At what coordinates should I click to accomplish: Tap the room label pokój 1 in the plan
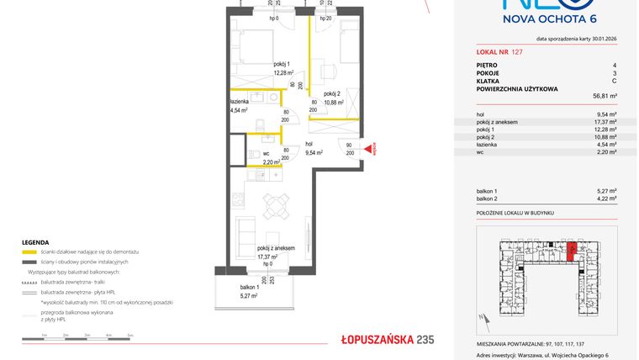282,65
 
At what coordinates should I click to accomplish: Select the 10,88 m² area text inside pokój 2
334,103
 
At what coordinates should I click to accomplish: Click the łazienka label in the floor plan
240,100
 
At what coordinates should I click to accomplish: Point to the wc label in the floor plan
266,152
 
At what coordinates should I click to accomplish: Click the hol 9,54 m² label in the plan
314,149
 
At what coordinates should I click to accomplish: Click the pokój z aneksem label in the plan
276,248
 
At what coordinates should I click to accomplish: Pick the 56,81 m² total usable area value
605,97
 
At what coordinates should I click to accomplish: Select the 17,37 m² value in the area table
605,121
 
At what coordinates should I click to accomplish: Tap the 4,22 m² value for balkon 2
607,199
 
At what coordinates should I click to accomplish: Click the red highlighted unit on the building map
572,251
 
